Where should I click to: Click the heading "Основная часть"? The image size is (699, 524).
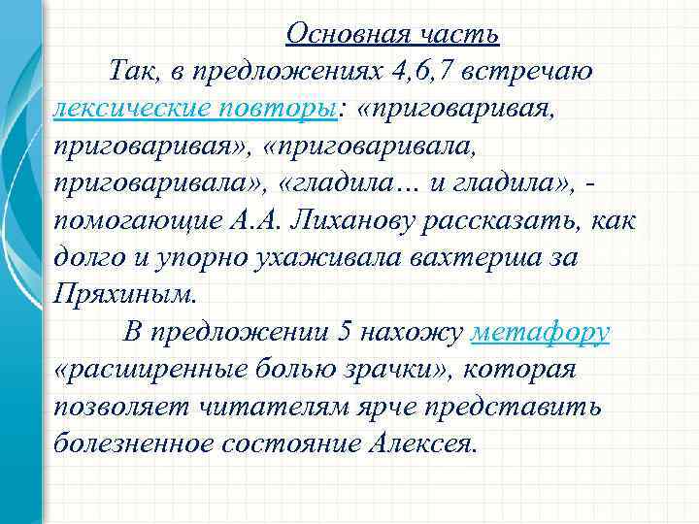392,35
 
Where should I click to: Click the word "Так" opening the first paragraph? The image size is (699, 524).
130,71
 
